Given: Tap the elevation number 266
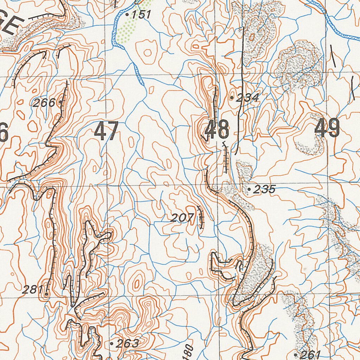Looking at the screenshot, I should click(44, 103).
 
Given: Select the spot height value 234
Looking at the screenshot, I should click(247, 98).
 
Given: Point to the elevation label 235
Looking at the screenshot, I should click(264, 189).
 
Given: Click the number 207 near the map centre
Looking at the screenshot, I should click(182, 218).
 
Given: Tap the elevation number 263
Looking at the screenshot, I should click(128, 343).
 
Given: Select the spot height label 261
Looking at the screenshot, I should click(310, 354).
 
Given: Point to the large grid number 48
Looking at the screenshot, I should click(217, 130).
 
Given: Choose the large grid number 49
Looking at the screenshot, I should click(327, 128).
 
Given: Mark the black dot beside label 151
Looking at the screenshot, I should click(127, 15).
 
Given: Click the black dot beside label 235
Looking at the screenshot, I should click(249, 190).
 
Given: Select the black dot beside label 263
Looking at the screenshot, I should click(112, 343).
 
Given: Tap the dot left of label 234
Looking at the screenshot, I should click(232, 98).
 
